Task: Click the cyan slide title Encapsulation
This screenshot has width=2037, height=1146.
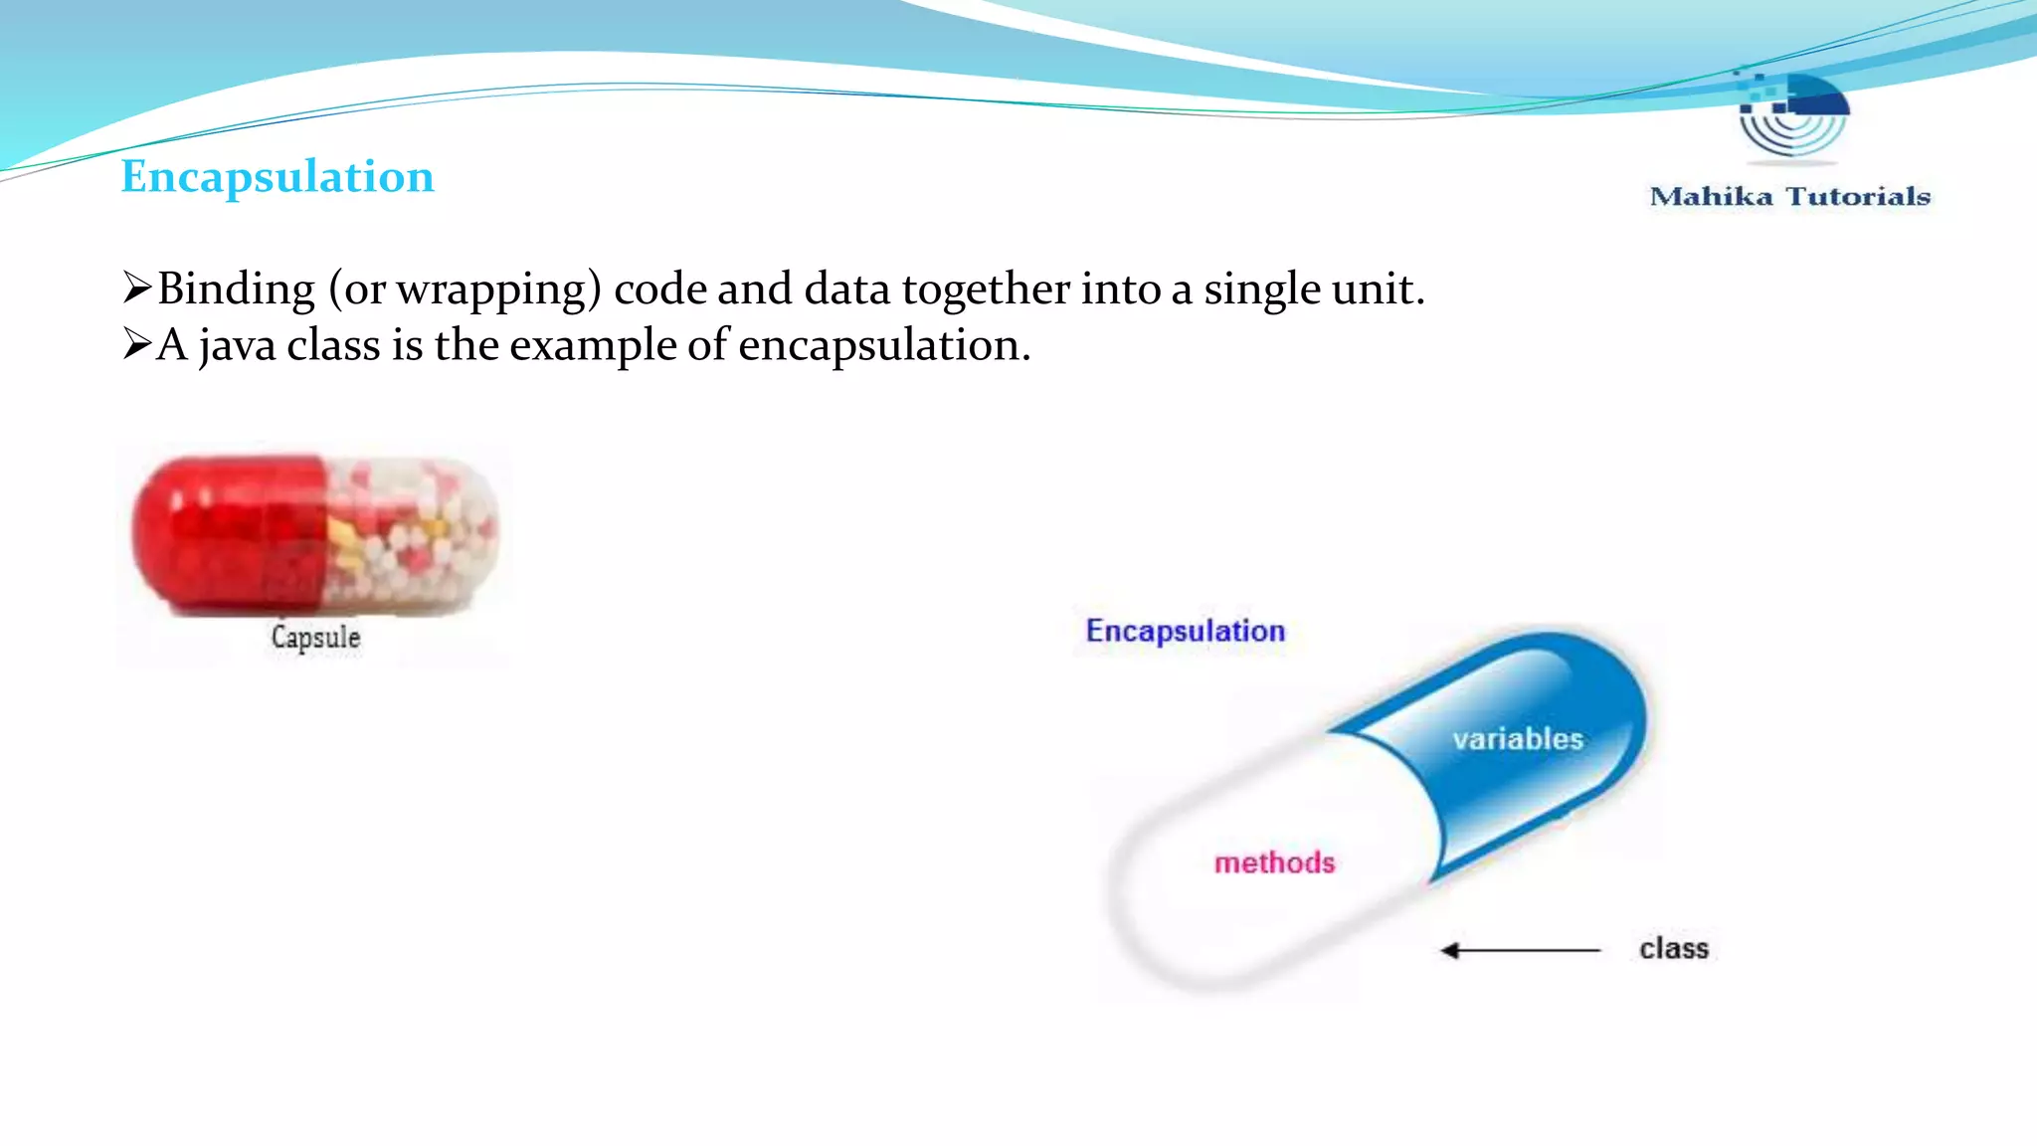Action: click(x=278, y=177)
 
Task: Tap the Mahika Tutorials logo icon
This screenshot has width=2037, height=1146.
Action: click(x=1792, y=115)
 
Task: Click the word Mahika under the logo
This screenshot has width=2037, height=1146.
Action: click(x=1711, y=196)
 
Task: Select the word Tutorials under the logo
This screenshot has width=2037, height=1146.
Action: click(x=1858, y=196)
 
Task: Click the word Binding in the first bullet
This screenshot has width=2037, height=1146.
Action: click(x=236, y=289)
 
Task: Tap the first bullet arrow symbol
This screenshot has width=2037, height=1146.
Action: click(x=136, y=287)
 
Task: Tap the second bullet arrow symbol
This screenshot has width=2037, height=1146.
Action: click(x=136, y=344)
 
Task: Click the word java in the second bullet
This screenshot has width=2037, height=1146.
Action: click(x=237, y=346)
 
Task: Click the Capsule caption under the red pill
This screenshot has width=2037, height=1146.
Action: click(x=315, y=637)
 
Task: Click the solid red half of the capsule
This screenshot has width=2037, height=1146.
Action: click(x=229, y=532)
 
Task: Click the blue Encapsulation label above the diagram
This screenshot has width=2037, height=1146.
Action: click(x=1185, y=631)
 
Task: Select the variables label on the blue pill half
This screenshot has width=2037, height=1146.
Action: click(x=1517, y=739)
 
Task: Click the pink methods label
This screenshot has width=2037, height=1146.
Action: click(x=1274, y=862)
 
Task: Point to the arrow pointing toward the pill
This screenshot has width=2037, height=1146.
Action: click(x=1520, y=951)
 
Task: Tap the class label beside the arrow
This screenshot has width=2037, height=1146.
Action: click(x=1674, y=949)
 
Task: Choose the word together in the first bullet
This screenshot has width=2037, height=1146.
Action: click(x=985, y=289)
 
